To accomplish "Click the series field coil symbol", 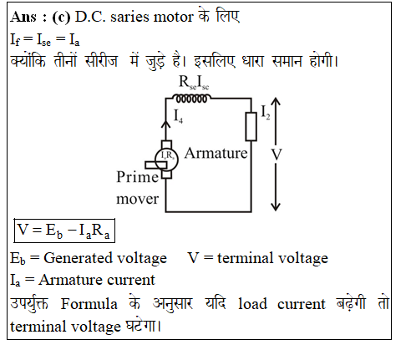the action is pyautogui.click(x=191, y=99).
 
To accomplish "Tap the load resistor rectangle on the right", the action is pyautogui.click(x=251, y=127).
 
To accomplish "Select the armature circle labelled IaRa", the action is pyautogui.click(x=166, y=160).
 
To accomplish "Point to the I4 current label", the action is pyautogui.click(x=178, y=116).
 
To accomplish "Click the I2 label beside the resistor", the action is pyautogui.click(x=266, y=113).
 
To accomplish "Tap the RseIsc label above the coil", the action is pyautogui.click(x=194, y=83).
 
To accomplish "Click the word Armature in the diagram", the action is pyautogui.click(x=216, y=153).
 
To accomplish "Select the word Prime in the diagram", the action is pyautogui.click(x=137, y=177).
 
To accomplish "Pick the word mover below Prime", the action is pyautogui.click(x=137, y=199).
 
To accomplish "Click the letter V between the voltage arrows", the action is pyautogui.click(x=277, y=155).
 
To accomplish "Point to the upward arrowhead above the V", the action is pyautogui.click(x=276, y=101).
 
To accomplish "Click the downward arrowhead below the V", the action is pyautogui.click(x=276, y=207).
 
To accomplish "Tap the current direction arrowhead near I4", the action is pyautogui.click(x=165, y=124).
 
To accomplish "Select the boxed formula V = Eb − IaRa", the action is pyautogui.click(x=64, y=231).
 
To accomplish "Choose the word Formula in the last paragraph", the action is pyautogui.click(x=89, y=303).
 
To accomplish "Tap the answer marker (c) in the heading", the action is pyautogui.click(x=61, y=18).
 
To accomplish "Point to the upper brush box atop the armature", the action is pyautogui.click(x=166, y=145).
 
